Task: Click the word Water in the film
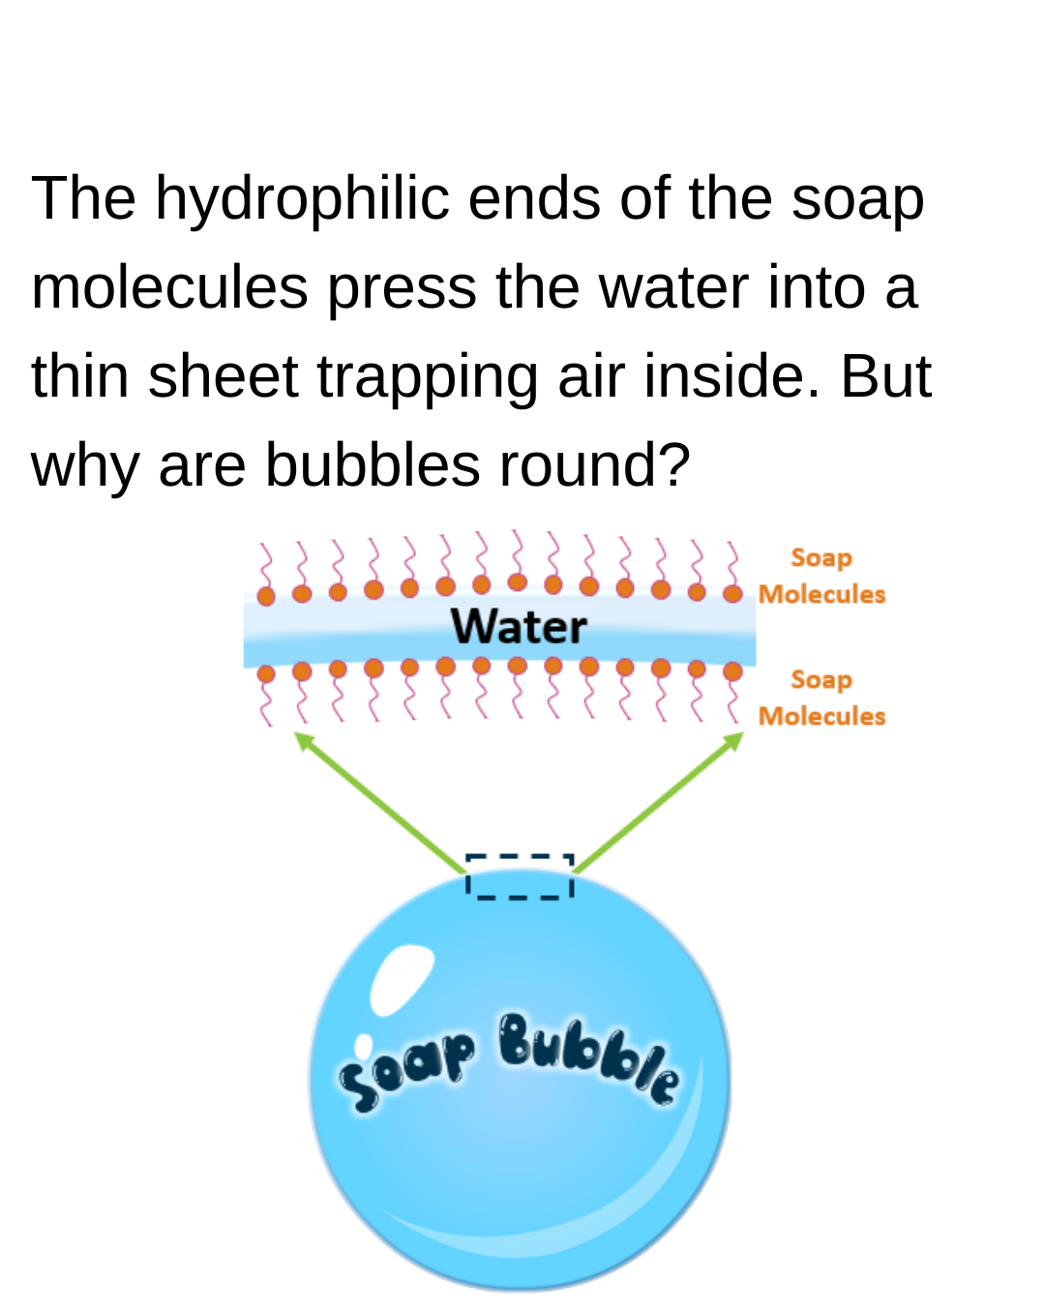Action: (519, 626)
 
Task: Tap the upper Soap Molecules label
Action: (821, 576)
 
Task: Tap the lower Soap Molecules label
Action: (821, 698)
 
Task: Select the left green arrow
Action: (379, 801)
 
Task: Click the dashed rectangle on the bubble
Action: (520, 876)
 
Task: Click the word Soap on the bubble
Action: (407, 1069)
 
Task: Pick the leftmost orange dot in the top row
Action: (266, 596)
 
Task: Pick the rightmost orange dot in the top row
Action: (732, 593)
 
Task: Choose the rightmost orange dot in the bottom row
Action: (732, 671)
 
